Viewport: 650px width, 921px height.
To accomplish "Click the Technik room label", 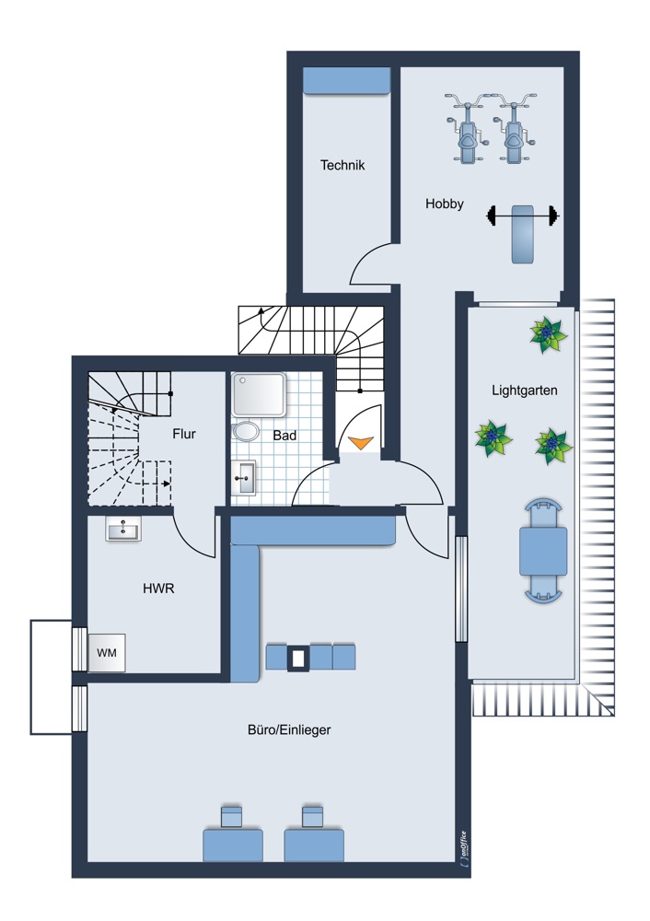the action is click(x=342, y=165).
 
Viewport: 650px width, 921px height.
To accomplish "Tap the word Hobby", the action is click(x=445, y=204).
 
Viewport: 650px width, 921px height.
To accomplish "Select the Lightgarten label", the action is click(x=525, y=390).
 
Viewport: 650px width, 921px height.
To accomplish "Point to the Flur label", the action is click(x=184, y=434).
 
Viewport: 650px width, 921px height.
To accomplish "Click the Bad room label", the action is click(x=284, y=436).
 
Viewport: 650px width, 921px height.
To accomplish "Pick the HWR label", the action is click(x=158, y=588).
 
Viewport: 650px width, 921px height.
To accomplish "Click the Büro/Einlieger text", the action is click(x=289, y=730).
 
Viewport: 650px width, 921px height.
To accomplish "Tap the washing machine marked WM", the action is click(x=106, y=653).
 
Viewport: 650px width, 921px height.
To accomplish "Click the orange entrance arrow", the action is click(x=361, y=442).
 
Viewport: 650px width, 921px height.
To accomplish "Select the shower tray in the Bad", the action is click(x=259, y=394).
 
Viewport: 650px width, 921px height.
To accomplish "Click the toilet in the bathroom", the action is click(x=245, y=432).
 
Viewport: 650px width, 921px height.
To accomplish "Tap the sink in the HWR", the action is click(x=123, y=530).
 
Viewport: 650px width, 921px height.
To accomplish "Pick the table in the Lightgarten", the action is click(x=543, y=551).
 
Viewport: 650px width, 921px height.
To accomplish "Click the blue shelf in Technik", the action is click(x=346, y=80).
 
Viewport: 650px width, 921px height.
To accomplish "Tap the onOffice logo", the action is click(x=463, y=847).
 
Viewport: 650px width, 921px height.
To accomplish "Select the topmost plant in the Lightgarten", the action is click(x=549, y=335).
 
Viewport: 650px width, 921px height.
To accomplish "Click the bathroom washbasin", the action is click(x=244, y=477).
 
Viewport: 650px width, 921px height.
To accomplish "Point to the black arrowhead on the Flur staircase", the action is click(x=167, y=484).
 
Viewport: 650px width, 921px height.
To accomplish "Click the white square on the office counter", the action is click(x=298, y=659).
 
